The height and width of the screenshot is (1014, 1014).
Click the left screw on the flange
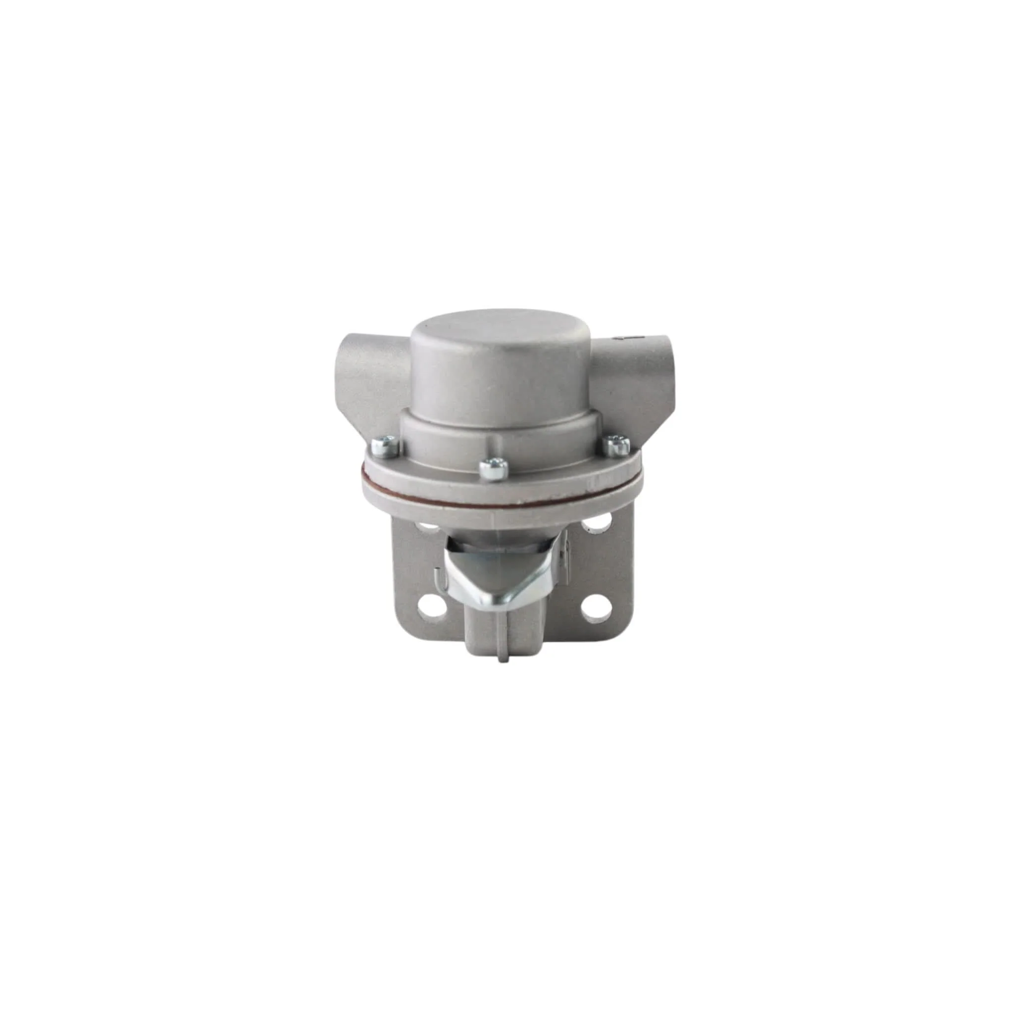[384, 445]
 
